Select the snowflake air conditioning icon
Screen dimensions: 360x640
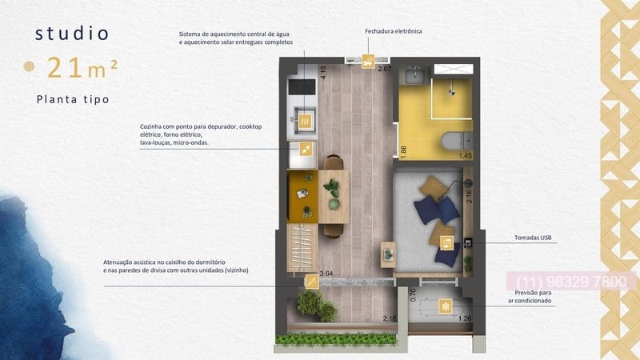[445, 306]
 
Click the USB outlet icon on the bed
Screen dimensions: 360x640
[447, 242]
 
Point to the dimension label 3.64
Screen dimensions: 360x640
[326, 274]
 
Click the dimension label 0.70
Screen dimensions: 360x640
[413, 293]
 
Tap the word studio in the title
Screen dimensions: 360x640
[72, 34]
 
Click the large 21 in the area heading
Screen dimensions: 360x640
[64, 68]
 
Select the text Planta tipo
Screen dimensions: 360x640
[72, 100]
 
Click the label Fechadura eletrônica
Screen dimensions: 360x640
[393, 31]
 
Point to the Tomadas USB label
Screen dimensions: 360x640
[534, 238]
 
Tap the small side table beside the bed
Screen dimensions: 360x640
[388, 251]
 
